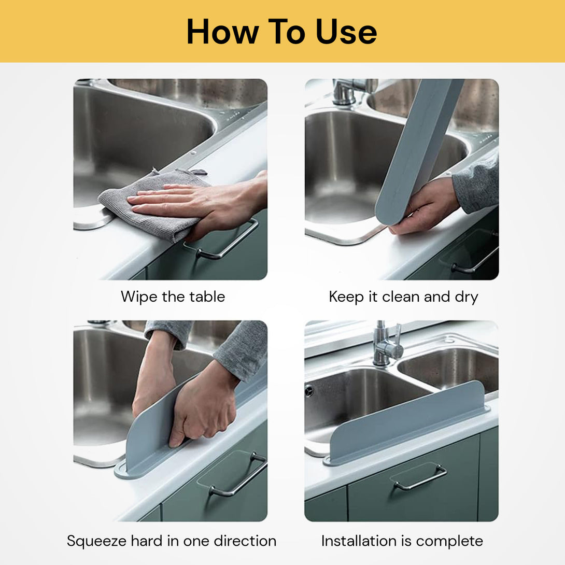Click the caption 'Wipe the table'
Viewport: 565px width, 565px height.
point(173,297)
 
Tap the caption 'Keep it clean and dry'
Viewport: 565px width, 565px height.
point(403,297)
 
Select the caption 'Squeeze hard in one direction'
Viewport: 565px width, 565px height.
point(172,541)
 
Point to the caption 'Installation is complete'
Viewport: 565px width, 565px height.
point(402,541)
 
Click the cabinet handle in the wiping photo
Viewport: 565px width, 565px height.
point(228,242)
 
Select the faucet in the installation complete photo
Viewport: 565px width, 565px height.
point(386,345)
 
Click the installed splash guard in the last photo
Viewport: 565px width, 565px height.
point(409,422)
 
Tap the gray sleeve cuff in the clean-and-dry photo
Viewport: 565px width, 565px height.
point(474,187)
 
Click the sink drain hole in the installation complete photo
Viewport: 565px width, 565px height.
point(309,391)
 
